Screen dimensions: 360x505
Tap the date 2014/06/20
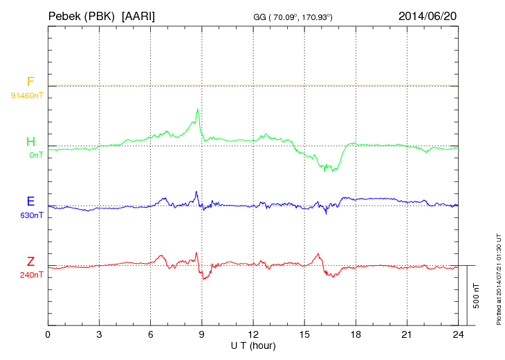[x=428, y=15]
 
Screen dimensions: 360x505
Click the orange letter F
[x=30, y=82]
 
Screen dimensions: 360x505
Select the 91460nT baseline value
[x=26, y=95]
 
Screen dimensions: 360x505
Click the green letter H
[x=30, y=142]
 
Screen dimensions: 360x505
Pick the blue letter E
[x=30, y=201]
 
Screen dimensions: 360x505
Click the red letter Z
[x=30, y=262]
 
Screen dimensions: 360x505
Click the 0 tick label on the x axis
[x=48, y=334]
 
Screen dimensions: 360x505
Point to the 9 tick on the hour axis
[x=202, y=334]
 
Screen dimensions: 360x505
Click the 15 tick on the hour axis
[x=304, y=334]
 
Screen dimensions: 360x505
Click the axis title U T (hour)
[x=253, y=345]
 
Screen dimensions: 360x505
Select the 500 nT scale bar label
[x=477, y=296]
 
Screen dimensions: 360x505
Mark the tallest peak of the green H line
[x=198, y=109]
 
